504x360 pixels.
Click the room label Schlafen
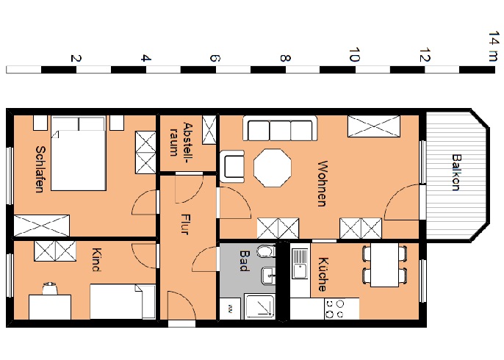tap(40, 169)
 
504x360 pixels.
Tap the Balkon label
tap(456, 173)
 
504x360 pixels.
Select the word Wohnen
tap(323, 184)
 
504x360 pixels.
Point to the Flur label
tap(185, 224)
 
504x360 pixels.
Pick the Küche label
tap(323, 274)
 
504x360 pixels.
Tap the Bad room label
tap(245, 261)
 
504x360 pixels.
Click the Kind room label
tap(97, 260)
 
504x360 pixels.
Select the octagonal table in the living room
tap(273, 168)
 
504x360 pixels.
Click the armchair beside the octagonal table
tap(232, 166)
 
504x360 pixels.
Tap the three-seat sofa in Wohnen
tap(280, 129)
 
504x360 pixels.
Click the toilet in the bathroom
tap(266, 251)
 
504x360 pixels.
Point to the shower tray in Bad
tap(260, 306)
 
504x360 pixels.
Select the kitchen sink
tap(300, 264)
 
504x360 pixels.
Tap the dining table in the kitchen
tap(385, 264)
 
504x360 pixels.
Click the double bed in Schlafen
tap(79, 154)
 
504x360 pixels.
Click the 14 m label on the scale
tap(494, 46)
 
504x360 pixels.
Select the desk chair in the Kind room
tap(50, 288)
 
